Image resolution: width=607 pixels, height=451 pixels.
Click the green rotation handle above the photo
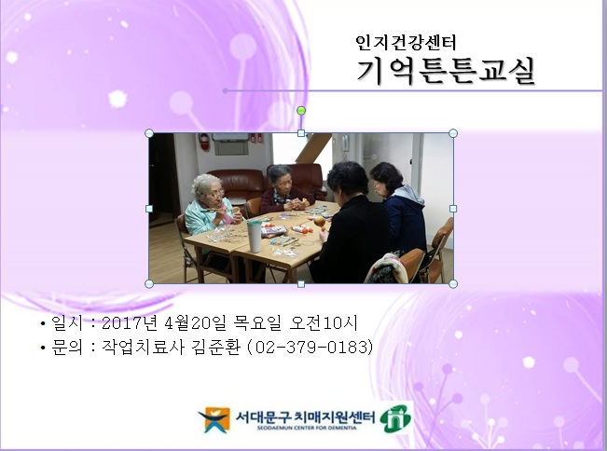pos(301,111)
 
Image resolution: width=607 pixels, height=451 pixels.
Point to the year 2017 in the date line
pos(117,323)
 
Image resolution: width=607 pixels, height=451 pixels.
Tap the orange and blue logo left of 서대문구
pos(214,419)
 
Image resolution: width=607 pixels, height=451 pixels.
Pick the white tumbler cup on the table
pos(255,236)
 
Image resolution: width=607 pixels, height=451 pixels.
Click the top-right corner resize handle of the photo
pos(453,133)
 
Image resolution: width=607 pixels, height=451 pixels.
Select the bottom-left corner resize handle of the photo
pos(149,283)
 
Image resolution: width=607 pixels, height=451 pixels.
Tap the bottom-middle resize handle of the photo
pos(301,283)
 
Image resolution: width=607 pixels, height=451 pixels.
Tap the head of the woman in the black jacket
pos(344,178)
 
